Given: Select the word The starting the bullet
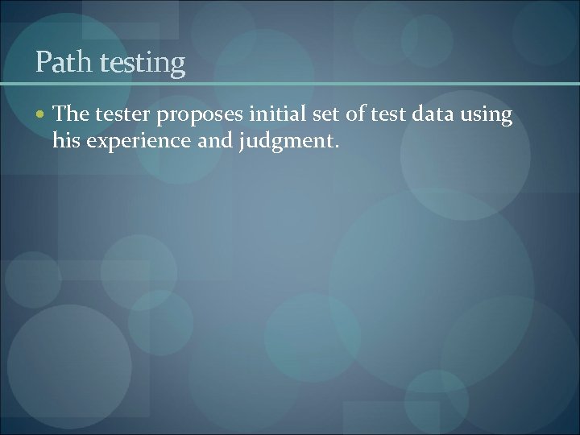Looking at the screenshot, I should pos(71,115).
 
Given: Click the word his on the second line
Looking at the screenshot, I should pos(66,141).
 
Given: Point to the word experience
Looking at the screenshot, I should pos(133,143).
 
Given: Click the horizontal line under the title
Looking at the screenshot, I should pos(290,83).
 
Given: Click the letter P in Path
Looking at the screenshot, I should pos(43,62).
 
